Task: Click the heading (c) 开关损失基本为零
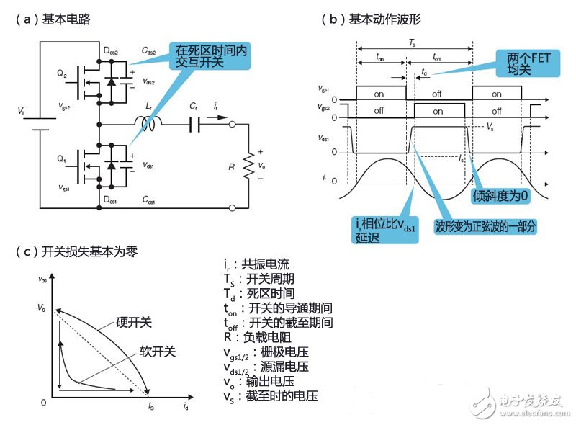coord(75,251)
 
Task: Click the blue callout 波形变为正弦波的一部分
coord(486,226)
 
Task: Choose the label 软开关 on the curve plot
coord(157,351)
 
